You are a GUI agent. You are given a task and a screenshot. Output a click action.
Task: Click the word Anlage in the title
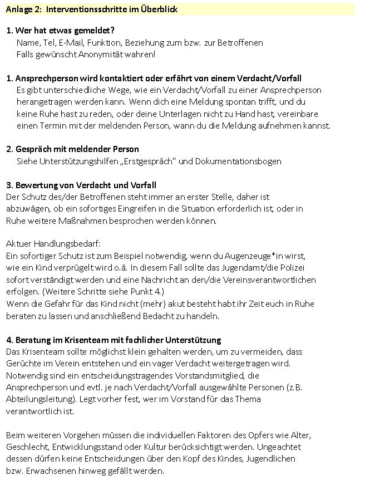point(19,9)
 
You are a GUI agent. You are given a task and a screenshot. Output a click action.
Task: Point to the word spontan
point(233,102)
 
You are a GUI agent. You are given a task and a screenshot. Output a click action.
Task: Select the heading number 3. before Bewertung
point(9,185)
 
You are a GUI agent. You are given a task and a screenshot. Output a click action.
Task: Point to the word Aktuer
point(18,244)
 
